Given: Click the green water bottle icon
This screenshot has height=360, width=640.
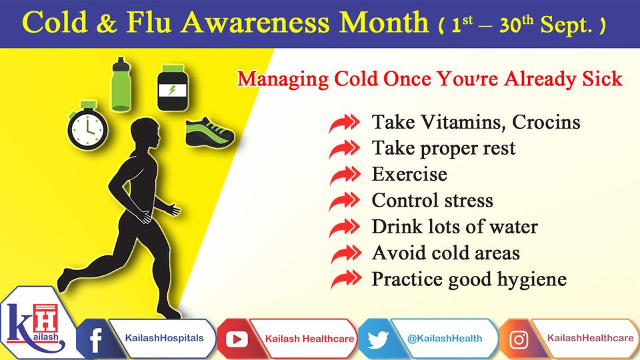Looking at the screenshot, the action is point(121,84).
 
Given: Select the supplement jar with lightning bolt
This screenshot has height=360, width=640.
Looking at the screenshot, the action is point(173,88).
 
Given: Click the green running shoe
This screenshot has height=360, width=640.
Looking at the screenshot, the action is point(210,132).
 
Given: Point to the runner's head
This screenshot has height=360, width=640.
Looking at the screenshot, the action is point(145,135).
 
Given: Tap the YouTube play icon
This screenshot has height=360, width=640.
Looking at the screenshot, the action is point(237,339).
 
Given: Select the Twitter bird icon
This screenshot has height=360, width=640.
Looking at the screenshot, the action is point(377,339).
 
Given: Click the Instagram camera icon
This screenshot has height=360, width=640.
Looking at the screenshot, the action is point(519,339).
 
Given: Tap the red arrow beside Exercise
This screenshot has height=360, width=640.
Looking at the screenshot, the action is point(345,175).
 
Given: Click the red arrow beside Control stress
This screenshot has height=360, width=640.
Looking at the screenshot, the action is point(345,201).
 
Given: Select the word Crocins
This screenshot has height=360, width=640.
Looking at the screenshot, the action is point(546,122).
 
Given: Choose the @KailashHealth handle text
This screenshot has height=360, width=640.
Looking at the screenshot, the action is point(445,339).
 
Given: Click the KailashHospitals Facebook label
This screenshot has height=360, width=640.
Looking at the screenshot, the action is point(164,338).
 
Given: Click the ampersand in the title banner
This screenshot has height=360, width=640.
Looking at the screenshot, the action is point(107,23).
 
